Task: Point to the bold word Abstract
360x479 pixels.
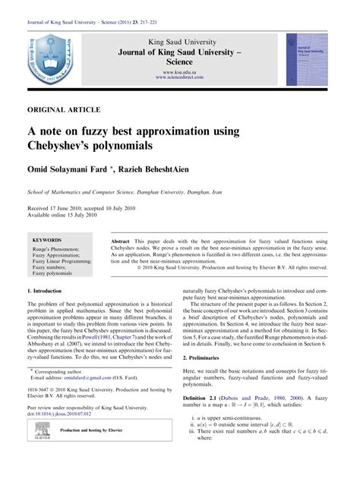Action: [x=125, y=239]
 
